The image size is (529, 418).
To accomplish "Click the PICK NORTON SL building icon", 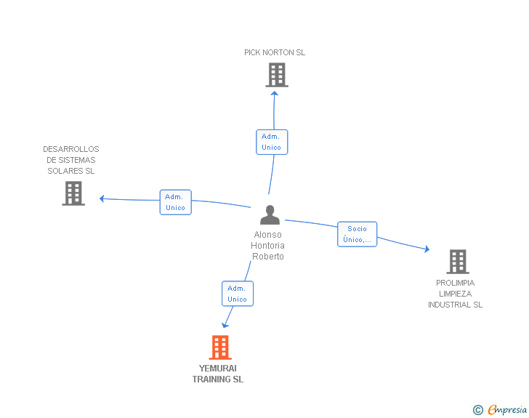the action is pos(277,75).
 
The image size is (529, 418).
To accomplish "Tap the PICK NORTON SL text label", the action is pos(275,52).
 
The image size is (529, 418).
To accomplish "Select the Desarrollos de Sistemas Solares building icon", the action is pos(73,193).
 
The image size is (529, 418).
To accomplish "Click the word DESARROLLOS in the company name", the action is pos(71,149).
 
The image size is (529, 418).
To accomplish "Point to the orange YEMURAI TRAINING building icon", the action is pos(220,347).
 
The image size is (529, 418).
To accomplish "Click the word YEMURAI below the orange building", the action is pos(217,368).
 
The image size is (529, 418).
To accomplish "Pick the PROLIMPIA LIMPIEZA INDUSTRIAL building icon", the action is pos(458,261).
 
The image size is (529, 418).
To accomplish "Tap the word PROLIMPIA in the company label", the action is pos(455,283).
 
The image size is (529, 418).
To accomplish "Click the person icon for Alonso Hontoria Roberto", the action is pos(270,214).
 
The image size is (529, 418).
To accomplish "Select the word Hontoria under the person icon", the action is pos(267,246).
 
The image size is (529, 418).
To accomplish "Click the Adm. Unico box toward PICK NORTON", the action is pos(272,142).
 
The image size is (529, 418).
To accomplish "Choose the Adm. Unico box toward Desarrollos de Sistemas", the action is pos(175,202).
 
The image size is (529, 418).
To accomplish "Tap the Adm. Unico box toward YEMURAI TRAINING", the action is pos(238,294).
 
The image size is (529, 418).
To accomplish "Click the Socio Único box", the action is pos(357,234).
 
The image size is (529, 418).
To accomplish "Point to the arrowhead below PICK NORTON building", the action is pos(274,94).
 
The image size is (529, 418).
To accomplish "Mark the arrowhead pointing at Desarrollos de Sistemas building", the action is pos(102,198).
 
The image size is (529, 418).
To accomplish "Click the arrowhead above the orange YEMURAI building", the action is pos(225,325).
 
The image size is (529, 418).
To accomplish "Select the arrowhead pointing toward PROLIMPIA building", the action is pos(427,249).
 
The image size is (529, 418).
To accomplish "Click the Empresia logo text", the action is pos(507,409).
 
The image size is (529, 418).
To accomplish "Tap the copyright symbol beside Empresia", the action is pos(478,410).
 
